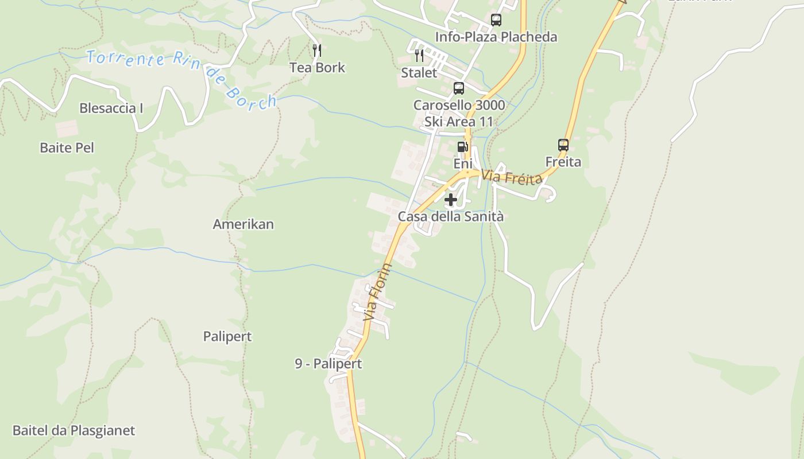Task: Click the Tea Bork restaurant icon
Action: pos(316,50)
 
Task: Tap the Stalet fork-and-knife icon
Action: pos(419,56)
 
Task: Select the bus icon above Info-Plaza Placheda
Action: pos(496,20)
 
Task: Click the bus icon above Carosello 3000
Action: pos(458,88)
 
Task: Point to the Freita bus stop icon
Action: pos(563,145)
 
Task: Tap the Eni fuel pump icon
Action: pos(462,147)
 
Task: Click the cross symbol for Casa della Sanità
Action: pos(451,200)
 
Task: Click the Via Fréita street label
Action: pos(512,177)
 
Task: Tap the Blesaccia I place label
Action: pos(111,108)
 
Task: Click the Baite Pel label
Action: pos(67,147)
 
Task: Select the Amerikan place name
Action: pos(243,224)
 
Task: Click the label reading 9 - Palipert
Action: pos(328,364)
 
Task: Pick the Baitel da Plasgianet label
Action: pos(74,430)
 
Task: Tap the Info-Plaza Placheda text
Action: pos(496,37)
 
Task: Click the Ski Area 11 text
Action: pos(459,122)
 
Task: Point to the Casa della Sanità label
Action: pos(451,217)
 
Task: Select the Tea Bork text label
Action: pos(317,67)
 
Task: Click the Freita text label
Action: pos(563,162)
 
